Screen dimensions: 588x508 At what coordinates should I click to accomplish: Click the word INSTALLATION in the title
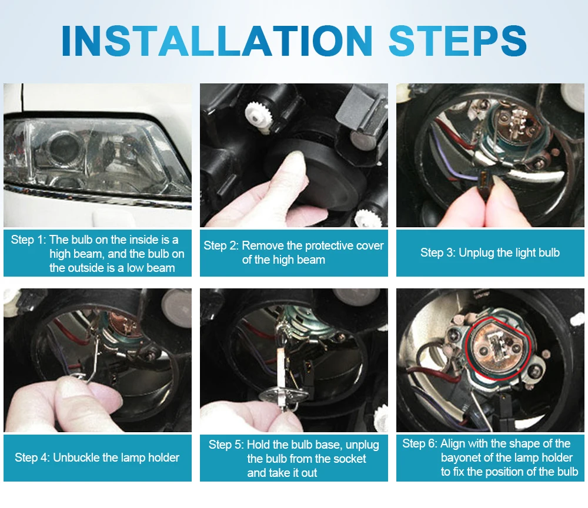pyautogui.click(x=217, y=41)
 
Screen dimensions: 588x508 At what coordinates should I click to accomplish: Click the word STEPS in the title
pyautogui.click(x=458, y=41)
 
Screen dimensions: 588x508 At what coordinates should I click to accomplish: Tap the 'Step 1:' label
pyautogui.click(x=28, y=240)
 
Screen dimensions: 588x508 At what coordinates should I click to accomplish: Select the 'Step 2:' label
pyautogui.click(x=221, y=245)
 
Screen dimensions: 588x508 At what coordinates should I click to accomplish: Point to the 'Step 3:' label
pyautogui.click(x=438, y=253)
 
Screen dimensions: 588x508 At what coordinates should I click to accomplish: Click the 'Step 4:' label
pyautogui.click(x=32, y=457)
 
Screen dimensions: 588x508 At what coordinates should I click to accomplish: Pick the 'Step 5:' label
pyautogui.click(x=226, y=445)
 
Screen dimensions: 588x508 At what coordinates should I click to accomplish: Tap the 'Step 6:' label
pyautogui.click(x=420, y=443)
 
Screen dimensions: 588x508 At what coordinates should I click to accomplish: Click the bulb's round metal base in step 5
pyautogui.click(x=284, y=395)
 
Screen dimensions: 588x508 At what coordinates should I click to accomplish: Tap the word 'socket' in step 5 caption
pyautogui.click(x=348, y=459)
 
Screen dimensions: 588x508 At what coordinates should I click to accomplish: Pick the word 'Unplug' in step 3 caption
pyautogui.click(x=476, y=253)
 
